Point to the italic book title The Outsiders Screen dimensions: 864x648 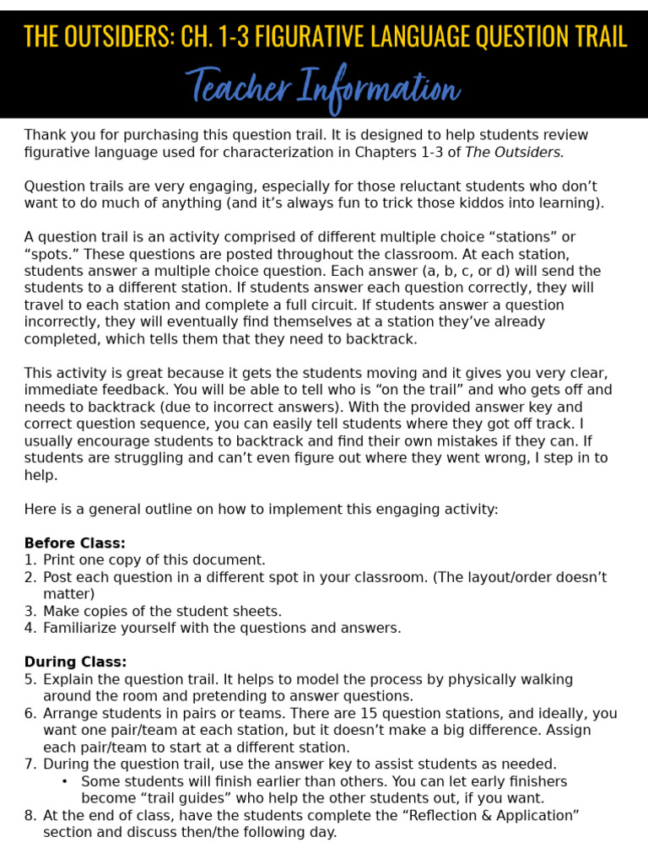coord(514,152)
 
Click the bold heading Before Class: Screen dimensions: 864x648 coord(74,543)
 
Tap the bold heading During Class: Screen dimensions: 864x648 coord(75,662)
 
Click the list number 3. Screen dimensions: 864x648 coord(30,611)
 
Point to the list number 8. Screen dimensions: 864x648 coord(30,815)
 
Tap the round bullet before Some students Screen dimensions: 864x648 coord(66,781)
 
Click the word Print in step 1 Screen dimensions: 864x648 coord(58,560)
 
